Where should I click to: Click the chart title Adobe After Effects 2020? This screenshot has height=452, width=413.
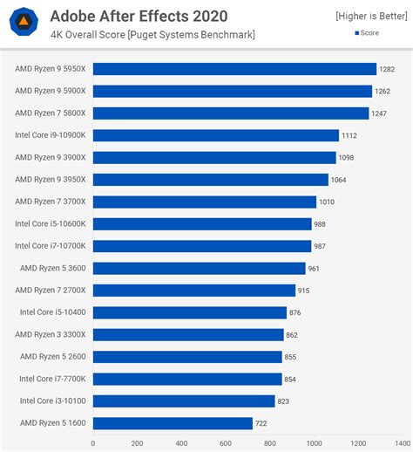pos(139,16)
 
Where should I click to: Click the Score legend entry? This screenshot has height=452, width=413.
pos(367,33)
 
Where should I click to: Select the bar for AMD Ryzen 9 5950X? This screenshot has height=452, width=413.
pos(234,68)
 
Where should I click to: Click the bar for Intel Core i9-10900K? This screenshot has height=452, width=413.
pos(215,135)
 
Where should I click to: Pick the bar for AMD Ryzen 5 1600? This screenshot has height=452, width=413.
pos(173,423)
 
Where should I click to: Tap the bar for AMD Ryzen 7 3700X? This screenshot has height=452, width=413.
pos(204,202)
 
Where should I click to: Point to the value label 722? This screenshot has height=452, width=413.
pos(262,423)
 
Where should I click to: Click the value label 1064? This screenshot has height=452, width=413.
pos(340,180)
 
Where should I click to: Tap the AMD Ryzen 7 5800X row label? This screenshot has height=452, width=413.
pos(51,113)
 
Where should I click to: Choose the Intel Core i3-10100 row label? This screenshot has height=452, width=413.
pos(52,401)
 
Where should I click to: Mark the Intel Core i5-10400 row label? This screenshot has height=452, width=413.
pos(52,312)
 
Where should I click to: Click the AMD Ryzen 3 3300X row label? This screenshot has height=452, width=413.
pos(51,334)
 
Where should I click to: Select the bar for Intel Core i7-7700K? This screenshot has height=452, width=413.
pos(187,379)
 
